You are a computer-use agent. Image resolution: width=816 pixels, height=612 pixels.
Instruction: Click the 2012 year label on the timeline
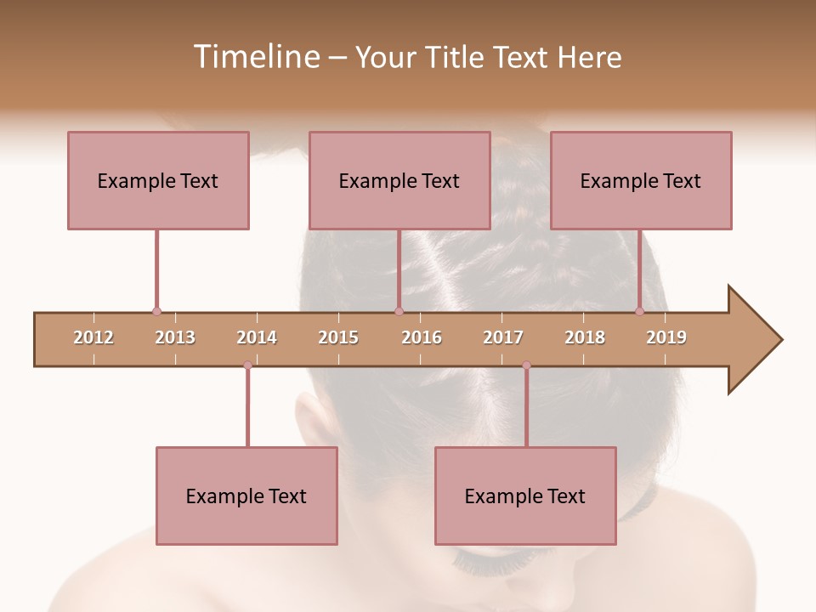point(93,337)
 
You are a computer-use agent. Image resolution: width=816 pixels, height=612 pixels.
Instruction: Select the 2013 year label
point(175,337)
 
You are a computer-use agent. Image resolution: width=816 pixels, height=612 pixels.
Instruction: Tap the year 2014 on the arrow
point(257,337)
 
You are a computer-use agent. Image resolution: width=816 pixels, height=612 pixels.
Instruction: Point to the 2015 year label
point(338,337)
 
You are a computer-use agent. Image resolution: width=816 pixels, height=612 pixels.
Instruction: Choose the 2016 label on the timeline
point(422,337)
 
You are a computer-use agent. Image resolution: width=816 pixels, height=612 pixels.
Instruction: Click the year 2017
point(503,337)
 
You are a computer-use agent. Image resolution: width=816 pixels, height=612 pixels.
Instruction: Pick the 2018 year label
point(585,337)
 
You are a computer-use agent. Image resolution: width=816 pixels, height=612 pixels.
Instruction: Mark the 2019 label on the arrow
point(666,337)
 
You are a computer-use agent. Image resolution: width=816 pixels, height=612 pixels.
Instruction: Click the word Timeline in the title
point(254,57)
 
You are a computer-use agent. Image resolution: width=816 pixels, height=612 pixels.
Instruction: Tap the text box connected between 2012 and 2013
point(158,180)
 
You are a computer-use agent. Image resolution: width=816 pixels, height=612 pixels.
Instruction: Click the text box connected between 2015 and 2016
point(399,180)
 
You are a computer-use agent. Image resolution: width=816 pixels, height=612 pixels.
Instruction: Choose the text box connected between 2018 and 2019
point(641,180)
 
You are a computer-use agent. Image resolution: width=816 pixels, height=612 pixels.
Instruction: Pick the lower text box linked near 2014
point(246,496)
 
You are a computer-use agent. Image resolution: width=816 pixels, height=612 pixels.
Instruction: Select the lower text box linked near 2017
point(525,496)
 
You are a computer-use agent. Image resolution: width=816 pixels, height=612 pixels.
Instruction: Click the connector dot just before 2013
point(156,312)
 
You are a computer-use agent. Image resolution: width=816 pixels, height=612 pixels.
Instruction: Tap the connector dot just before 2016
point(399,312)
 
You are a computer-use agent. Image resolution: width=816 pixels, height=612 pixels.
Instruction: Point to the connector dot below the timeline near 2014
point(247,365)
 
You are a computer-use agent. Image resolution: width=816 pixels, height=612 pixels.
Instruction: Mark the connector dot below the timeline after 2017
point(526,365)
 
